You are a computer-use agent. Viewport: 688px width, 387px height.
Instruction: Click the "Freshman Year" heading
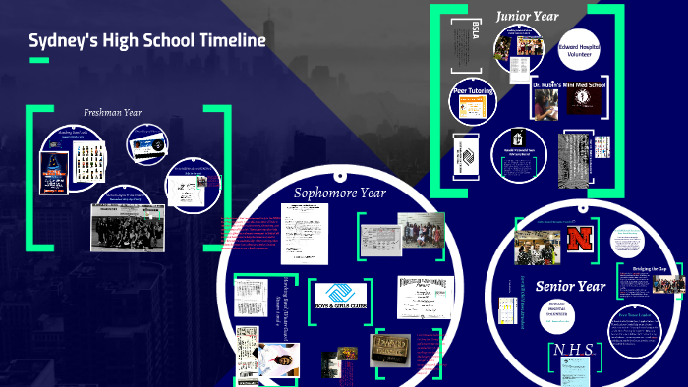pyautogui.click(x=112, y=112)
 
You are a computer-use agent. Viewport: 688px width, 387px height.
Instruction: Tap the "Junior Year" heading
pyautogui.click(x=529, y=16)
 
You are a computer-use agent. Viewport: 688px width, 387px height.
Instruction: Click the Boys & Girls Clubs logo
pyautogui.click(x=339, y=295)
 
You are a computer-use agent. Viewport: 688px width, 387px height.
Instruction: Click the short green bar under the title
pyautogui.click(x=39, y=61)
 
